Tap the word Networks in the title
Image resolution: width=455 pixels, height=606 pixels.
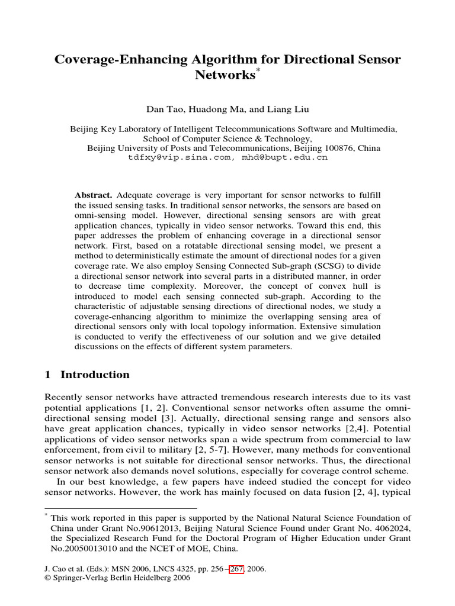click(x=223, y=75)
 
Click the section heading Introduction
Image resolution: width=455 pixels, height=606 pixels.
click(x=95, y=375)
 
